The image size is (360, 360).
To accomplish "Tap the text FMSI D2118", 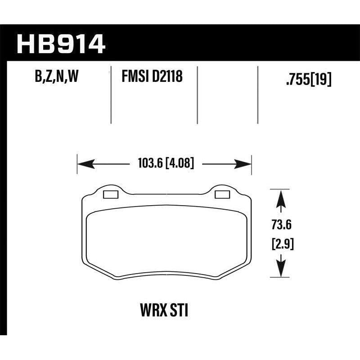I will point(152,78).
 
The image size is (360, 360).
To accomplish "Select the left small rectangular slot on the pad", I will point(110,194).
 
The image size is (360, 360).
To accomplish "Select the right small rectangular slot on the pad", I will point(222,194).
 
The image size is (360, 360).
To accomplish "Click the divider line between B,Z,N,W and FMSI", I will point(111,94).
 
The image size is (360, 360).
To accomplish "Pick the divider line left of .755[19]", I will point(257,94).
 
